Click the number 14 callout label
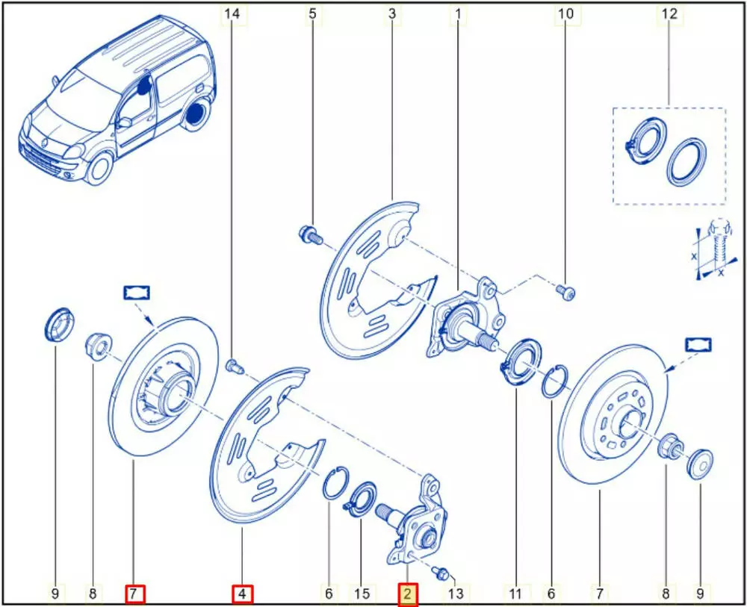click(x=232, y=13)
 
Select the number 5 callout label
click(x=312, y=13)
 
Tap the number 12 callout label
click(x=669, y=13)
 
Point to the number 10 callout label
click(x=565, y=13)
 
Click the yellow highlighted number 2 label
click(x=408, y=594)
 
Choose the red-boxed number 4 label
click(x=243, y=594)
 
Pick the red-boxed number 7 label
click(x=134, y=594)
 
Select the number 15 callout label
click(x=362, y=594)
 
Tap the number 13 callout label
click(x=456, y=594)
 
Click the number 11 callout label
click(x=515, y=594)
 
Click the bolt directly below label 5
click(x=310, y=235)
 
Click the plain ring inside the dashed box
click(x=686, y=163)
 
